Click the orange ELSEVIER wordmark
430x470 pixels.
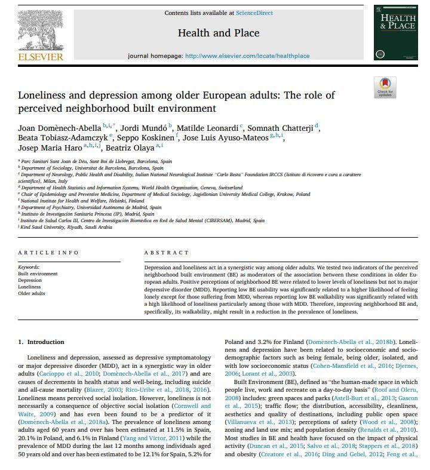[40, 57]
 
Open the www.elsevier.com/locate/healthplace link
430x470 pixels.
[247, 56]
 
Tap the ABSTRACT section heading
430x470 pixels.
[162, 253]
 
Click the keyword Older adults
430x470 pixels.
[31, 293]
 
